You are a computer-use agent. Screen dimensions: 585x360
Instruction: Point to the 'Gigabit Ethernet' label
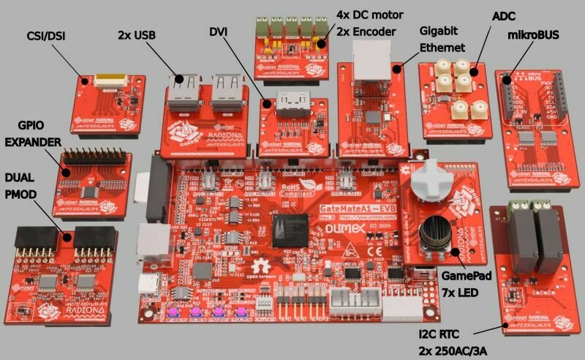click(442, 40)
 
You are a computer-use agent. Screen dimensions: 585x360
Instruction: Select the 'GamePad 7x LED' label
click(467, 284)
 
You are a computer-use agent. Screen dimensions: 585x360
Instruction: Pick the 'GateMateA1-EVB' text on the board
click(349, 209)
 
